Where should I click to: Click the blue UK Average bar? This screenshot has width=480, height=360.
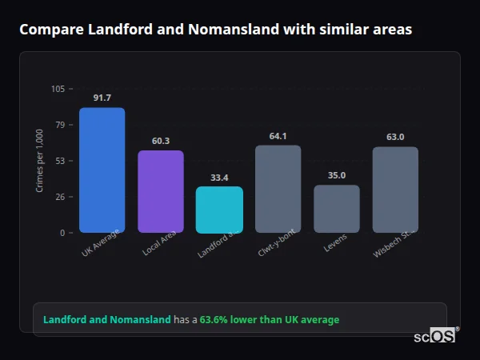tap(102, 170)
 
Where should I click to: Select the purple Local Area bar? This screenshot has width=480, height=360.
tap(161, 191)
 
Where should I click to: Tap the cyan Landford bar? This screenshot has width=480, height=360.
tap(219, 210)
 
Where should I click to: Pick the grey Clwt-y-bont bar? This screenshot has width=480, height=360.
tap(278, 189)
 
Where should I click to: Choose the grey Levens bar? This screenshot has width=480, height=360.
tap(337, 209)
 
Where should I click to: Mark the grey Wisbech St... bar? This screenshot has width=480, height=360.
tap(395, 190)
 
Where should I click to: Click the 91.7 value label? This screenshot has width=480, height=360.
tap(102, 98)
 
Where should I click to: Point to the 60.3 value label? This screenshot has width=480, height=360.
tap(161, 141)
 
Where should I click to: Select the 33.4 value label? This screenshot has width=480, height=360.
tap(219, 178)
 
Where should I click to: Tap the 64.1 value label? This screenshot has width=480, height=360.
tap(278, 136)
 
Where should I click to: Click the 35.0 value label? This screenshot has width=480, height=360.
tap(337, 175)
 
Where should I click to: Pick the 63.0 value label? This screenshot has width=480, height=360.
tap(395, 137)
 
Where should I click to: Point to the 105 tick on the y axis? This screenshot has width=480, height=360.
tap(58, 89)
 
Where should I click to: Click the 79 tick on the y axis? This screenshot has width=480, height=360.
tap(60, 125)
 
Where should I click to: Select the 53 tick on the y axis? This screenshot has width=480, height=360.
tap(60, 161)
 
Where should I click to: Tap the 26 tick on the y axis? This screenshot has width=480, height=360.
tap(60, 197)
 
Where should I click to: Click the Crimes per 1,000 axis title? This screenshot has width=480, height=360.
tap(40, 161)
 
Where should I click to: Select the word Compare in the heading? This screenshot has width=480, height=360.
tap(48, 30)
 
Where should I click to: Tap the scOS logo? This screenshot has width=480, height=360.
tap(434, 336)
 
